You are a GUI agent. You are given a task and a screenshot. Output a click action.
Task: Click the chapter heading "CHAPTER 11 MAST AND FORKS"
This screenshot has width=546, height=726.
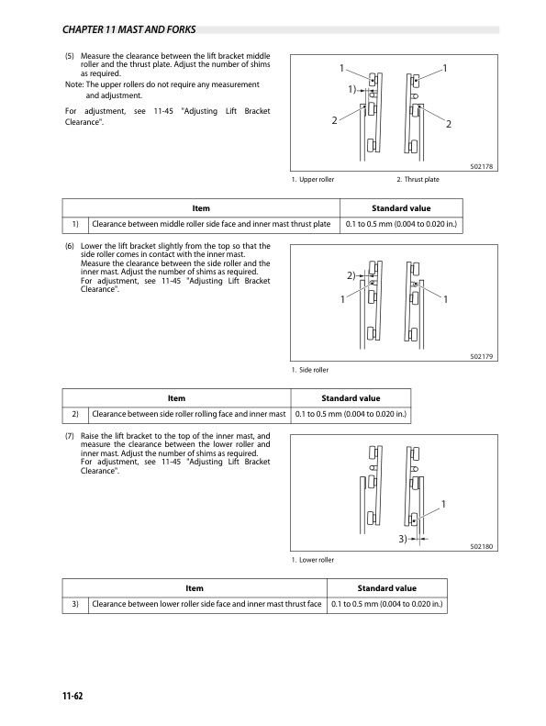click(128, 29)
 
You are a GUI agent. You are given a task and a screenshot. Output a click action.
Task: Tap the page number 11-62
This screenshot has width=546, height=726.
click(72, 696)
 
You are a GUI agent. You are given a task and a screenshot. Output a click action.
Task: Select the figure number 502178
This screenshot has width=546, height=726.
click(482, 167)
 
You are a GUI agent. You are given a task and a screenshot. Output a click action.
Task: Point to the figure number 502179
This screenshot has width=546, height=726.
click(482, 356)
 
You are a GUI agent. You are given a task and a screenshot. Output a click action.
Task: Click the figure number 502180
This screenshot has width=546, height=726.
click(482, 546)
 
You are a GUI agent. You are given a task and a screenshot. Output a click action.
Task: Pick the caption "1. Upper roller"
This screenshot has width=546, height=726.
click(313, 180)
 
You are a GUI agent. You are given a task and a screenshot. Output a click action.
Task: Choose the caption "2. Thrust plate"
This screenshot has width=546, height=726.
click(418, 180)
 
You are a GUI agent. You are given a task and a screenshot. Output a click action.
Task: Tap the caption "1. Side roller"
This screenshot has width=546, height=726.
click(310, 370)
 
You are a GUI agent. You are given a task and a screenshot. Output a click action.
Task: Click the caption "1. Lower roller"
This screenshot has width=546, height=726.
click(313, 560)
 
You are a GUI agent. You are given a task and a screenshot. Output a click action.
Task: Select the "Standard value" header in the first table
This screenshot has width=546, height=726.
click(401, 208)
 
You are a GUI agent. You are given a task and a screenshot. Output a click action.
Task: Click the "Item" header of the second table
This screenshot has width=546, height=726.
click(176, 398)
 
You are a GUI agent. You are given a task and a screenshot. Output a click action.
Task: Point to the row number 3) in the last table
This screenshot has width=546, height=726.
click(75, 604)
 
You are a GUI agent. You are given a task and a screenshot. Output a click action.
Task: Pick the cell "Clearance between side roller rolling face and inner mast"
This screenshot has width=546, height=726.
click(189, 414)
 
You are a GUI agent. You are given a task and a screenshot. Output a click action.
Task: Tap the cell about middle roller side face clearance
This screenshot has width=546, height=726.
click(211, 224)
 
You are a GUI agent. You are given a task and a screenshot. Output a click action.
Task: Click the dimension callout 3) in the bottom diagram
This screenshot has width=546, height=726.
click(403, 539)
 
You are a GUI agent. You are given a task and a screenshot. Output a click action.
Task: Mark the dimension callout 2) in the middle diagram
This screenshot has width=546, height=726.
click(351, 275)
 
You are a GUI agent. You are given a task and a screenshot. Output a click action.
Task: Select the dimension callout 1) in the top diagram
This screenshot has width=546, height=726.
click(352, 89)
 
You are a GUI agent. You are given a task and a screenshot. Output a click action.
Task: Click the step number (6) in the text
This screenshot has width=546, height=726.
click(70, 246)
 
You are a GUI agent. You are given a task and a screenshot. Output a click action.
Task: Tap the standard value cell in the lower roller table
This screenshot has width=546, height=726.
click(386, 604)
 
